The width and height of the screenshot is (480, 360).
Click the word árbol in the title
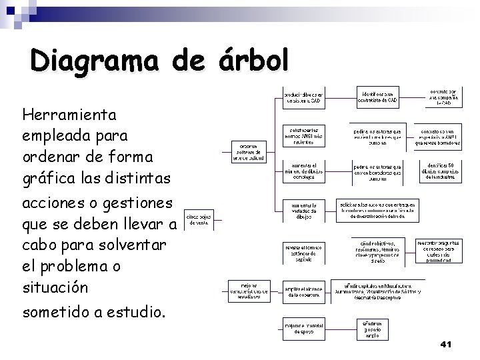[x=253, y=61]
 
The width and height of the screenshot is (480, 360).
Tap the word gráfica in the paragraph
[x=48, y=178]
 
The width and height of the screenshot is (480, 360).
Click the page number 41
[x=447, y=344]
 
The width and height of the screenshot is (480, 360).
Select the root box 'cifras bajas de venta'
[x=199, y=219]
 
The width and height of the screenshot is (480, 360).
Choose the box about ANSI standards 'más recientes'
[x=304, y=135]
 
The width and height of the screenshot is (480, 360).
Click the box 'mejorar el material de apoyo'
[x=303, y=327]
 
